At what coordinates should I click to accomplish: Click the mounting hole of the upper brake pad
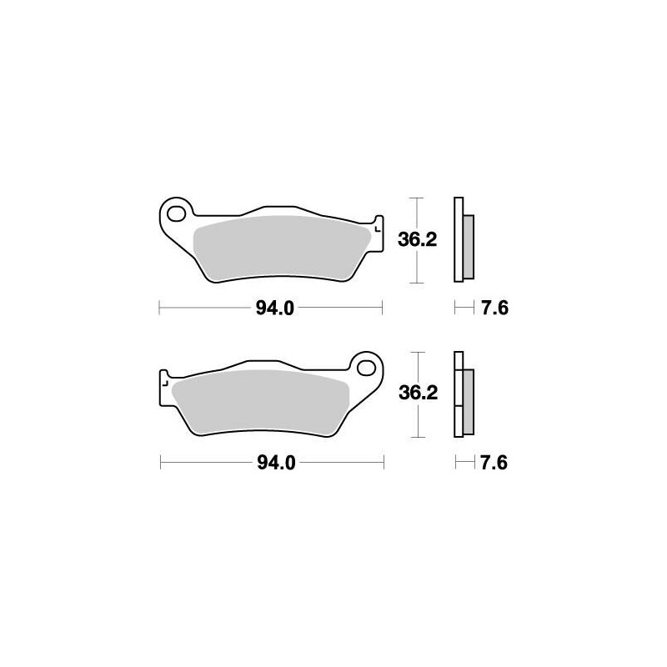[x=177, y=213]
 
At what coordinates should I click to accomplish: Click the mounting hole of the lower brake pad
[x=364, y=365]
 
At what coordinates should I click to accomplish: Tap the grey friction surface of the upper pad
[x=279, y=246]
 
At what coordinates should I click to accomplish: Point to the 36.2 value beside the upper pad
[x=419, y=240]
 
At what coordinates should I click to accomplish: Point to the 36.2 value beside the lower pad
[x=419, y=394]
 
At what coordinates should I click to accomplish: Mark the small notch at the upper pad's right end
[x=378, y=226]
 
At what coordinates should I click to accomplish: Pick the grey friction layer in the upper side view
[x=468, y=246]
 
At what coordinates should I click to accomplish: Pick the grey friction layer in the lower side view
[x=468, y=400]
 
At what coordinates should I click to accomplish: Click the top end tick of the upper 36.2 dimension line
[x=418, y=198]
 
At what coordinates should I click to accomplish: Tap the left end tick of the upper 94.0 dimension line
[x=159, y=308]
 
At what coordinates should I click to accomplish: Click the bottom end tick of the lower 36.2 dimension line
[x=418, y=437]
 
